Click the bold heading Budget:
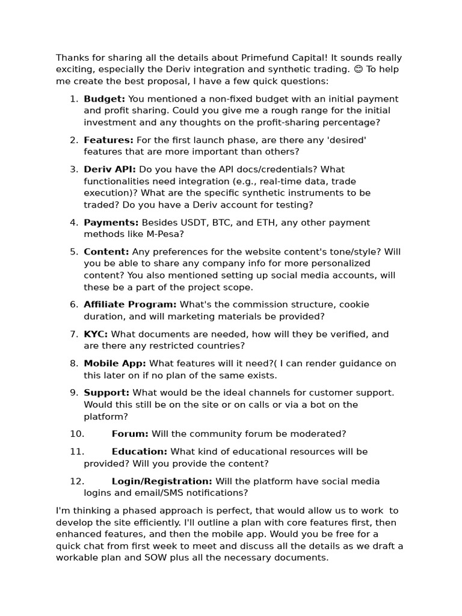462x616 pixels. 105,99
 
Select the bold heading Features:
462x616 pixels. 108,140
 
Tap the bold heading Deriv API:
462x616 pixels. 109,170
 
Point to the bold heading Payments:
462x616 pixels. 111,223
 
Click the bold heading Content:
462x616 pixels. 106,251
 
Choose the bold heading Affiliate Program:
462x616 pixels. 130,304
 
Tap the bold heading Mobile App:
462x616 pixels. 115,363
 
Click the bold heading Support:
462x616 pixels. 106,393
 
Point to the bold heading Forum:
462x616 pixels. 130,434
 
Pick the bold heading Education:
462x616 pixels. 140,452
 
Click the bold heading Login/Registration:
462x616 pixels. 162,481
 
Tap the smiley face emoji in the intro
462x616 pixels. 358,69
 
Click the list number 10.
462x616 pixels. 76,434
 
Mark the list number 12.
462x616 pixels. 76,481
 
